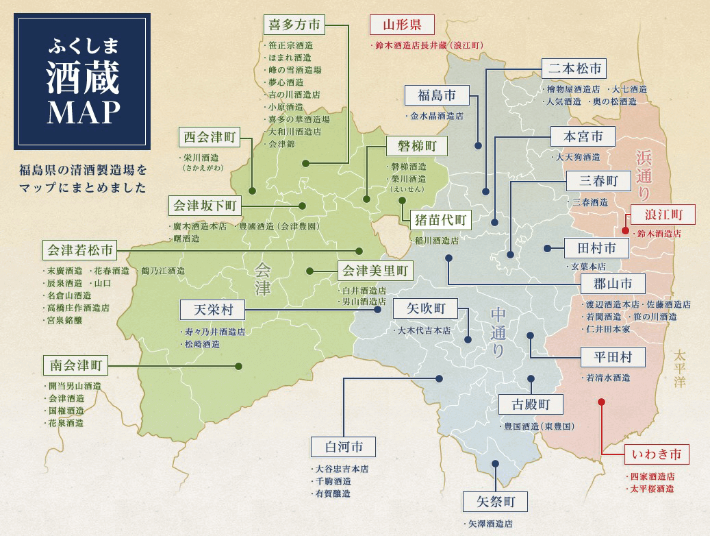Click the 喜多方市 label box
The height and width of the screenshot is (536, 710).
coord(294,25)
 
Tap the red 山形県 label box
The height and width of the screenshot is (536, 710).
coord(402,25)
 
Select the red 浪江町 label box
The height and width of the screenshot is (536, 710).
coord(662,215)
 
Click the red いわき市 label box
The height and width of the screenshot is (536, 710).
coord(657,454)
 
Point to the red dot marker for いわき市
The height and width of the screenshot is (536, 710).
coord(601,402)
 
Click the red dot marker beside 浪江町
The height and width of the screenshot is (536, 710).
coord(625,231)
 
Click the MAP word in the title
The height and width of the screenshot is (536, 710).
coord(84,113)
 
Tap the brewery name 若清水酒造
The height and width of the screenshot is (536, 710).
coord(607,377)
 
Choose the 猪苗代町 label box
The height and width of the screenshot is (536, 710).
coord(440,220)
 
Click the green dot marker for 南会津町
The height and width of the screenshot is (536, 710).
coord(238,366)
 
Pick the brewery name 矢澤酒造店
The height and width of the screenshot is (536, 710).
coord(490,524)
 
